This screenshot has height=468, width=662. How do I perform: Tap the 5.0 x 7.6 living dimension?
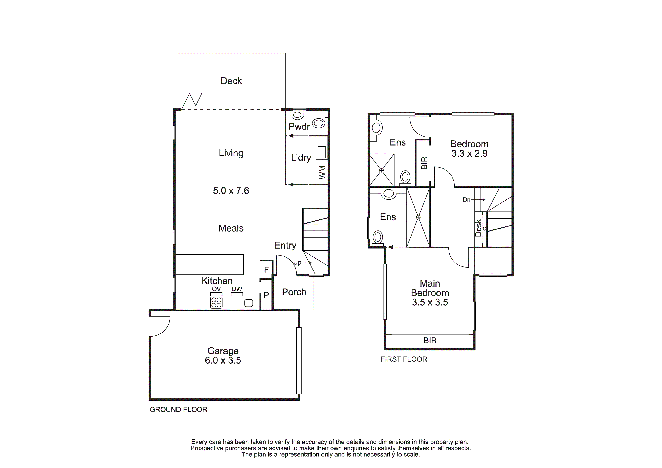click(231, 191)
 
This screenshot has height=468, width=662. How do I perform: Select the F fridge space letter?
click(266, 270)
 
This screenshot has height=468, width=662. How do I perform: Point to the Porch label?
click(294, 292)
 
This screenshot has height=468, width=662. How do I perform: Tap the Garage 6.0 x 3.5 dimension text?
click(223, 360)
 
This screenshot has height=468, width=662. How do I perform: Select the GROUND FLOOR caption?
click(178, 409)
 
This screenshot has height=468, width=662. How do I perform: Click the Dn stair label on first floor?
click(466, 200)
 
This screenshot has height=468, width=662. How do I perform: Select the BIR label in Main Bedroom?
click(430, 341)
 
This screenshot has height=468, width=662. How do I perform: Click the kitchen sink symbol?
click(249, 303)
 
